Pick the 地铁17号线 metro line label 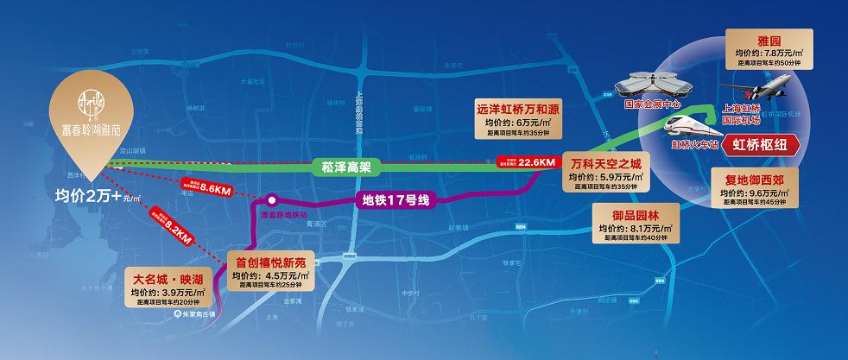coord(396,201)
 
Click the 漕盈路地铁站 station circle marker coord(271,198)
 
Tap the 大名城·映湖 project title coord(168,280)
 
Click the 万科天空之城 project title coord(607,163)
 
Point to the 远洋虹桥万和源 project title coord(516,111)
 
